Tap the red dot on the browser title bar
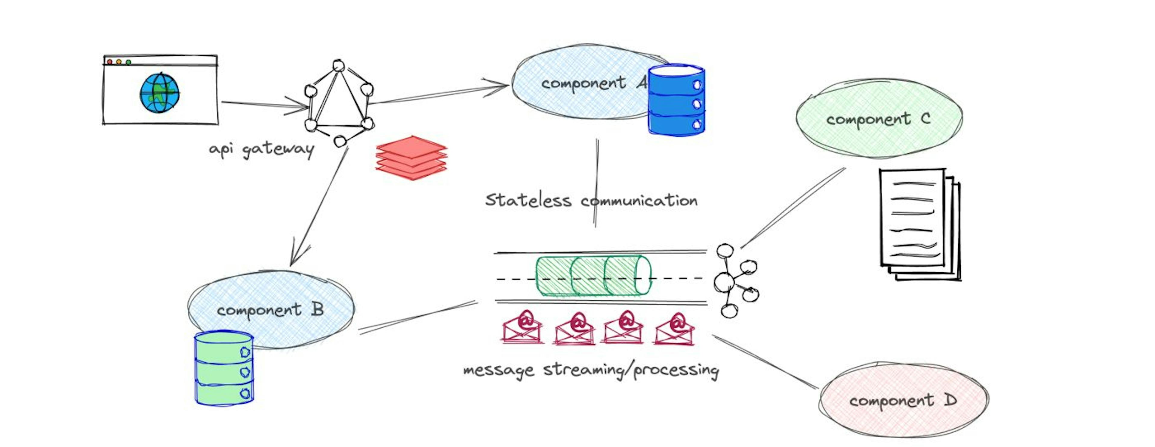[x=109, y=61]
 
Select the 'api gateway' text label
[x=261, y=149]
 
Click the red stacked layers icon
[x=411, y=158]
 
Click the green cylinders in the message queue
[x=593, y=276]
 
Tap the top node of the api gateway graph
[x=338, y=66]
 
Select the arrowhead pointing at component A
[x=499, y=86]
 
